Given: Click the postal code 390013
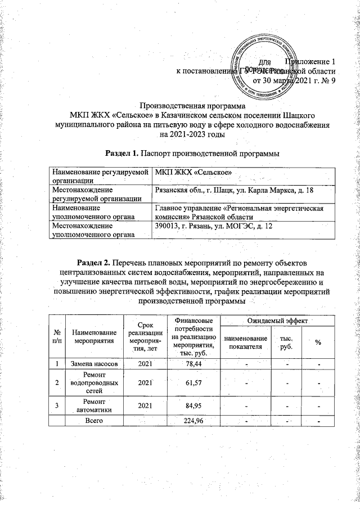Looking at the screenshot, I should pos(166,226).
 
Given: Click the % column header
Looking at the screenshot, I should pos(318,344).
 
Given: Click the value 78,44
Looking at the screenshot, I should pos(192,365).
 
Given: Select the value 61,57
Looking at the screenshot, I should pos(192,384).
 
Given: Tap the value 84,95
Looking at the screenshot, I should pos(192,406).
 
